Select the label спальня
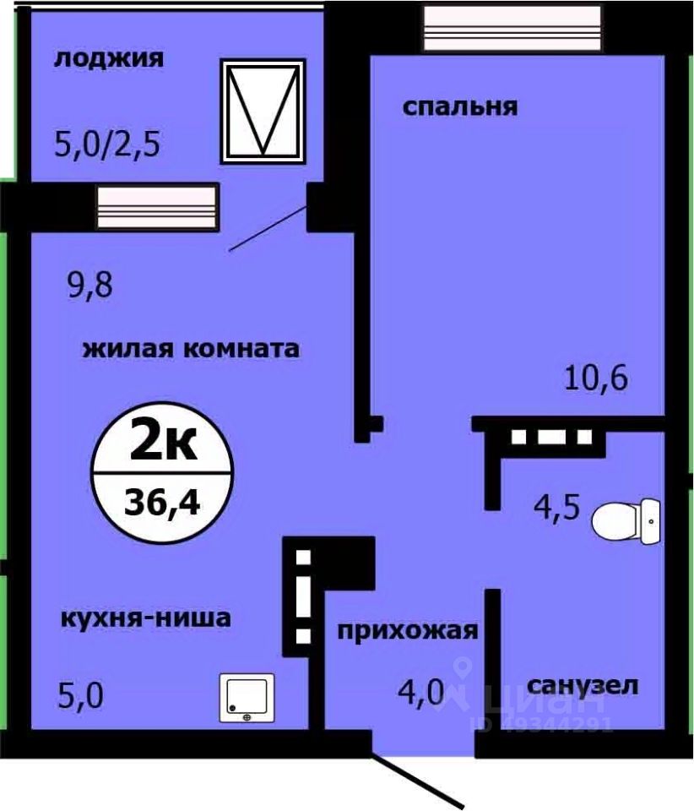pyautogui.click(x=459, y=107)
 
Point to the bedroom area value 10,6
pyautogui.click(x=596, y=378)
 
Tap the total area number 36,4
pyautogui.click(x=162, y=503)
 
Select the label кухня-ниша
pyautogui.click(x=145, y=618)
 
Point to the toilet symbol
pyautogui.click(x=626, y=521)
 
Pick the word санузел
pyautogui.click(x=583, y=684)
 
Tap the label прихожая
pyautogui.click(x=409, y=631)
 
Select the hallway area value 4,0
pyautogui.click(x=421, y=693)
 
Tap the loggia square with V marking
pyautogui.click(x=262, y=111)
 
